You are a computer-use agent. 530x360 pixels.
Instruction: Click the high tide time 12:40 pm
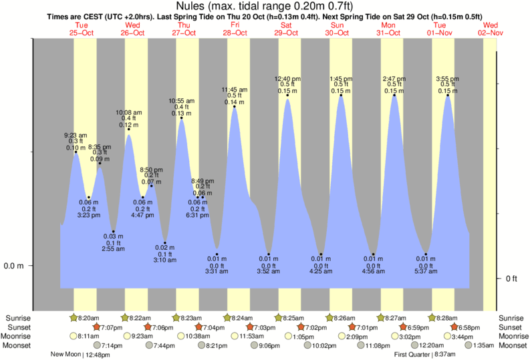pos(287,79)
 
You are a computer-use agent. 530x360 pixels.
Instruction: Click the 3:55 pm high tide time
pos(448,79)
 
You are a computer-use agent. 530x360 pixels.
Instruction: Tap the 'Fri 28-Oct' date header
pos(235,29)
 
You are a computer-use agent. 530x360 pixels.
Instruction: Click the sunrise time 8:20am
pos(90,318)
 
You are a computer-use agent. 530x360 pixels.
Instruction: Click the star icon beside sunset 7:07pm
pos(97,327)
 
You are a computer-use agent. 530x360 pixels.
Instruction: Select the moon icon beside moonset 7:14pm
pos(97,345)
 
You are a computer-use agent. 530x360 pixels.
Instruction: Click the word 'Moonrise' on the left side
pos(19,337)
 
